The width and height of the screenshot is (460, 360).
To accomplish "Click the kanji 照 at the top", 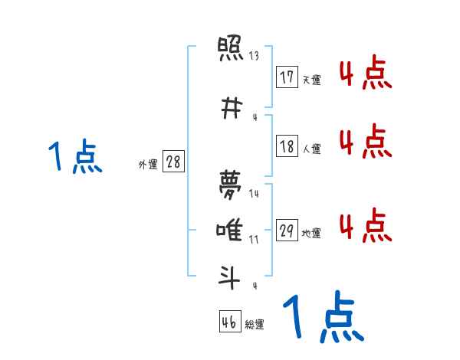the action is [231, 52].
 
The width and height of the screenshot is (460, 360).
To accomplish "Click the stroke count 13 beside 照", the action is [254, 56].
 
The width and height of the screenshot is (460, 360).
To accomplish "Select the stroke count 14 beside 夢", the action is [254, 194].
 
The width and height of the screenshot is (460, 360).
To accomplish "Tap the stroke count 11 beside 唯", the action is [254, 240].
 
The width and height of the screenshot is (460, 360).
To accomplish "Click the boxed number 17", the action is [287, 77].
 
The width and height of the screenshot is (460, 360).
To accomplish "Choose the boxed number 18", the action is [287, 146].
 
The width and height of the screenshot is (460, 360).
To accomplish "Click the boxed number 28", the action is [173, 162].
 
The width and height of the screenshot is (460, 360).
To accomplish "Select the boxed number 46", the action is [229, 322].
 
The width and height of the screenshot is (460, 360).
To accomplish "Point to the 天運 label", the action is [311, 80].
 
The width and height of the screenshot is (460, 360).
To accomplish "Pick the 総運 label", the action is [255, 325].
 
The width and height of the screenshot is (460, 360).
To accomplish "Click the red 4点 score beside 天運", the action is [365, 74].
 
